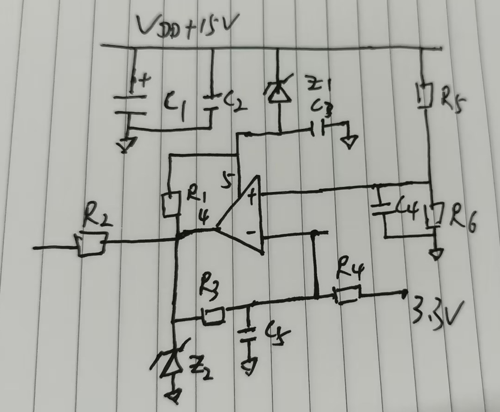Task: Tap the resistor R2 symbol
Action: click(92, 244)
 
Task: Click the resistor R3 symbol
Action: click(213, 316)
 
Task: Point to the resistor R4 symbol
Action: click(347, 295)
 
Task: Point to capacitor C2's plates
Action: click(211, 102)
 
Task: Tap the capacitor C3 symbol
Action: click(320, 128)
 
